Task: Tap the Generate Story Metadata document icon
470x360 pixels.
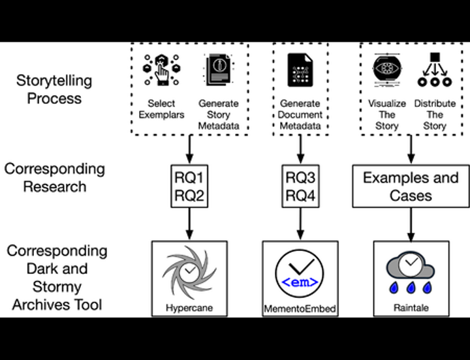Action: (x=217, y=70)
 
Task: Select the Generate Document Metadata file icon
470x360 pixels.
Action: (x=300, y=70)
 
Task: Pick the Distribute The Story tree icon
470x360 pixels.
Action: (x=433, y=70)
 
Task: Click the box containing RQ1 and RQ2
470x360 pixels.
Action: (x=189, y=186)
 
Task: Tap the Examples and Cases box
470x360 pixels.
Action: (x=411, y=186)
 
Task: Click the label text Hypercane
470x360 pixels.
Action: (x=189, y=308)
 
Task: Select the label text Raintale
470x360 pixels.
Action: (x=411, y=308)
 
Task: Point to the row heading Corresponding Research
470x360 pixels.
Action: (x=54, y=177)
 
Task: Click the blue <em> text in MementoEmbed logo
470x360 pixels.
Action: (x=300, y=282)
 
